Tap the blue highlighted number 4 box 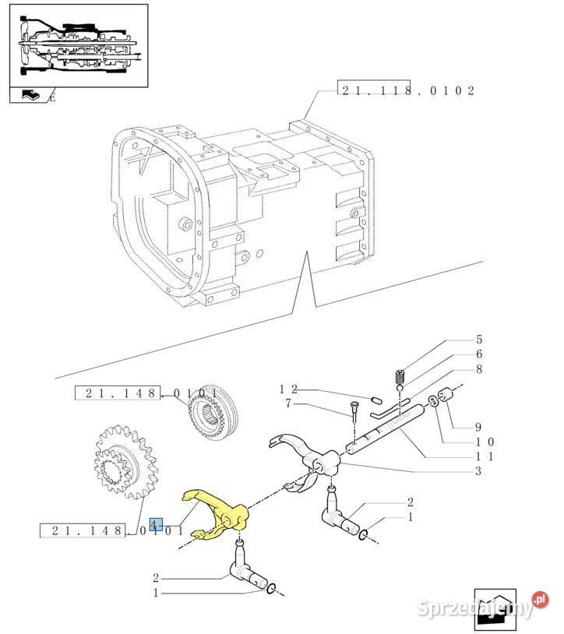click(156, 524)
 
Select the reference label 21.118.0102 click(407, 90)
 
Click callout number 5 click(479, 340)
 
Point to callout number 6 click(479, 354)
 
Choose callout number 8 click(479, 369)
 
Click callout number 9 click(478, 427)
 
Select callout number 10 click(485, 442)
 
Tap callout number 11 click(485, 456)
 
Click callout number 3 click(478, 471)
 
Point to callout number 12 click(289, 389)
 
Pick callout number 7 click(288, 403)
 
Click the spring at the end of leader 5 click(400, 378)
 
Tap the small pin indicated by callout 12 click(377, 400)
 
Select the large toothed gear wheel click(125, 462)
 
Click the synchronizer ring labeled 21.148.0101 click(213, 413)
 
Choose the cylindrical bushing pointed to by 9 click(446, 395)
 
